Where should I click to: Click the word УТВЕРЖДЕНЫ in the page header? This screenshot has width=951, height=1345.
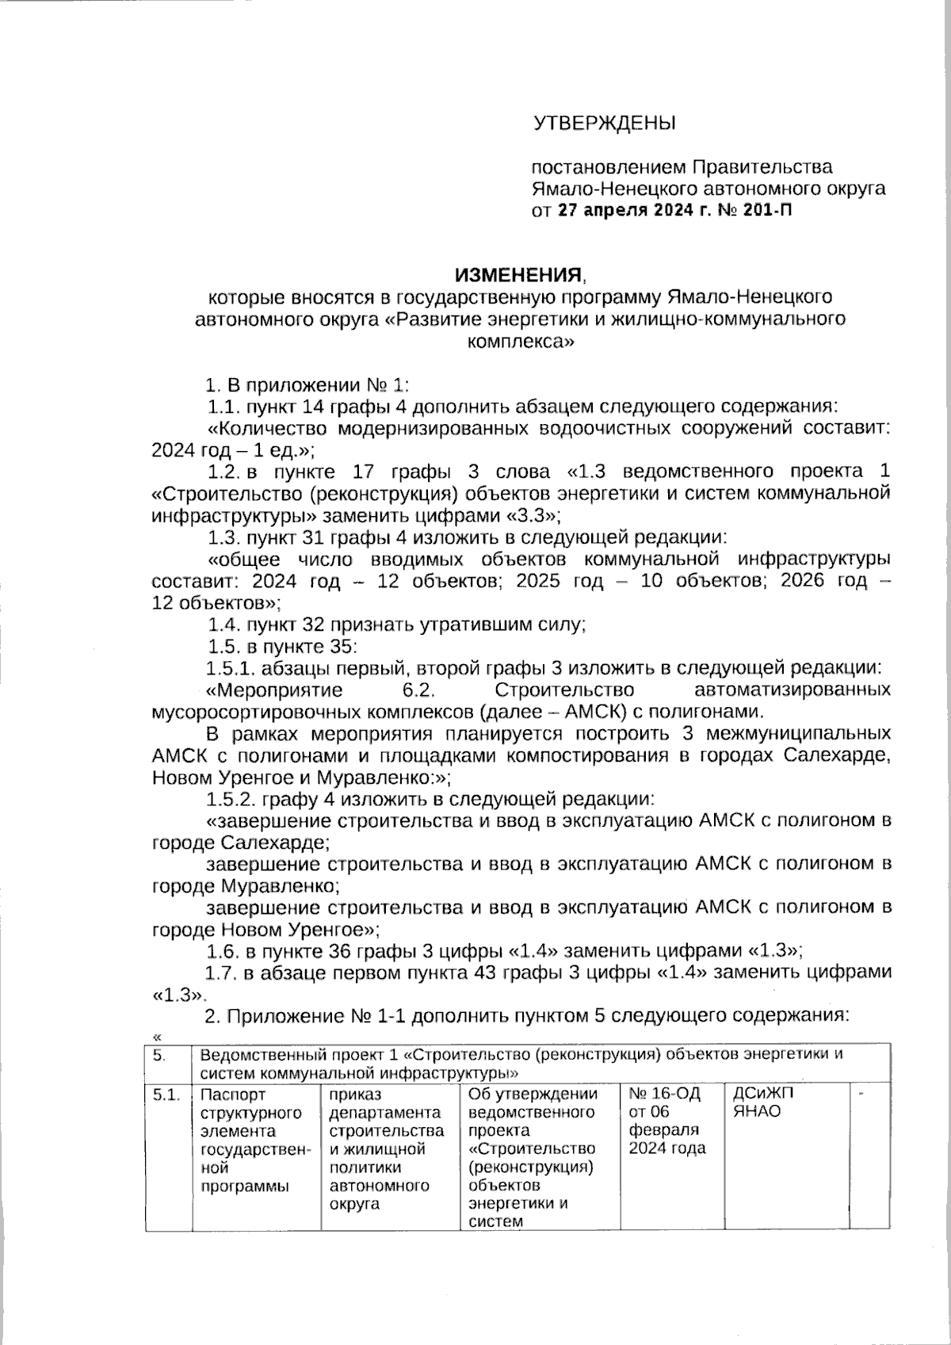coord(604,124)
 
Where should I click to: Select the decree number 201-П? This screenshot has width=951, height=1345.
coord(768,211)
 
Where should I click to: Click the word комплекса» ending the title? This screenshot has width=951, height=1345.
coord(518,342)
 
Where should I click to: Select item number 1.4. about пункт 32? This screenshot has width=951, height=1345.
coord(223,625)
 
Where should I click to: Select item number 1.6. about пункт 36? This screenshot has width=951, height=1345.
coord(222,950)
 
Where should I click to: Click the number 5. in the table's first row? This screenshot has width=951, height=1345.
coord(159,1055)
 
